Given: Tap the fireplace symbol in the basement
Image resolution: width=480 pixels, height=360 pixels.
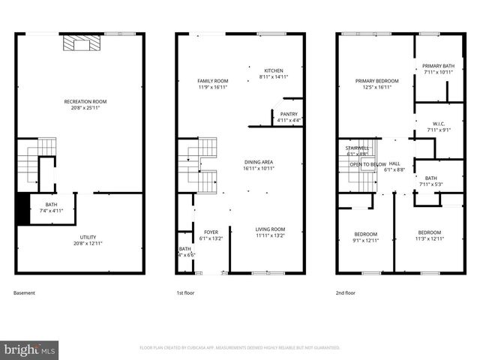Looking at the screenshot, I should (x=79, y=44).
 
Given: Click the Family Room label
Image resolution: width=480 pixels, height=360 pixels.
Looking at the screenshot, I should (x=213, y=84).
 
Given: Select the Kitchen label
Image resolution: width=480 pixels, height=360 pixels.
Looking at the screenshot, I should (x=273, y=73).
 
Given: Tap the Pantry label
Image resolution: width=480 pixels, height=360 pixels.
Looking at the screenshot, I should (x=288, y=117).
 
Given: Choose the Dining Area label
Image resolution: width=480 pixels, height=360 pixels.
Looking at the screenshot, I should (x=258, y=166).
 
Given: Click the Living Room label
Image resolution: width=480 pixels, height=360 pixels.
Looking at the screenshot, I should (x=270, y=232).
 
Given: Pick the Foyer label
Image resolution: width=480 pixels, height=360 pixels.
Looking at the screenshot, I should (x=211, y=235).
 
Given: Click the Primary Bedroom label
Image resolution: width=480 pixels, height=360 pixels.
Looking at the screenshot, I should (x=376, y=84).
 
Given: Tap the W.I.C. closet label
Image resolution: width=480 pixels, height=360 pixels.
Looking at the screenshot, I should (x=439, y=127).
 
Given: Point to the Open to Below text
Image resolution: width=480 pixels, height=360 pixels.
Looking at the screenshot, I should (x=367, y=164).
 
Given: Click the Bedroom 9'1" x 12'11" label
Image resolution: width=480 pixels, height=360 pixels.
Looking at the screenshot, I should (x=366, y=236).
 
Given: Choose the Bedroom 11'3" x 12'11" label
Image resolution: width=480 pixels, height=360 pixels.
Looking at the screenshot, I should (x=430, y=236).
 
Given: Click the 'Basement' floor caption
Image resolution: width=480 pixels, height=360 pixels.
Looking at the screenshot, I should (x=25, y=293).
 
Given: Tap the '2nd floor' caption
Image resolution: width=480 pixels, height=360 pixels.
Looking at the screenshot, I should (x=346, y=293).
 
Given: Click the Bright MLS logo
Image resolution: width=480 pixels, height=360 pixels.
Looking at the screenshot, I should (x=30, y=349).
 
